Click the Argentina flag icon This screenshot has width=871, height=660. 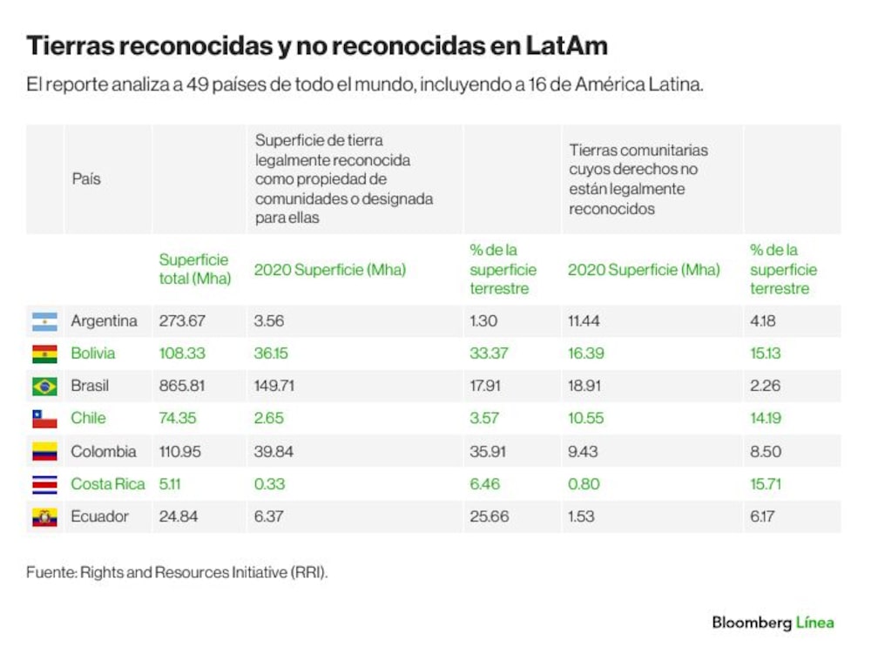click(x=44, y=321)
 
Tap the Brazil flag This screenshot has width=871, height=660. click(x=44, y=387)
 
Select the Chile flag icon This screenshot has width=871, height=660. click(x=44, y=419)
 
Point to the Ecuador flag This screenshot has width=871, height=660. click(x=44, y=517)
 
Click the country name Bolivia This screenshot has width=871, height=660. click(x=93, y=353)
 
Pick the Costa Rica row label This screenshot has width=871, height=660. click(x=108, y=484)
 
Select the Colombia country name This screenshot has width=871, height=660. click(x=104, y=451)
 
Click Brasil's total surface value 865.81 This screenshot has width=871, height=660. click(x=182, y=386)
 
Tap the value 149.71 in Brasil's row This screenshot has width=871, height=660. click(x=273, y=386)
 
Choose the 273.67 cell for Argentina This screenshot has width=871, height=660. click(x=182, y=320)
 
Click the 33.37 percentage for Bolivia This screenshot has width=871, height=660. click(x=489, y=353)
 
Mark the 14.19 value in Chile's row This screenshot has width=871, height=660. click(x=766, y=418)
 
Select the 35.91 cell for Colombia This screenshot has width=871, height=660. click(x=488, y=451)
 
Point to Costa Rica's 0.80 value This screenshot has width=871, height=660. click(x=584, y=484)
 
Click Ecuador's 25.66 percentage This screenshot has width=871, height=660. click(x=490, y=516)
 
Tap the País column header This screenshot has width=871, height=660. click(x=86, y=178)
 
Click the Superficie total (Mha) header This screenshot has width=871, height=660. click(x=195, y=269)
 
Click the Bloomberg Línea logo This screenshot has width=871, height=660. click(x=773, y=623)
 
